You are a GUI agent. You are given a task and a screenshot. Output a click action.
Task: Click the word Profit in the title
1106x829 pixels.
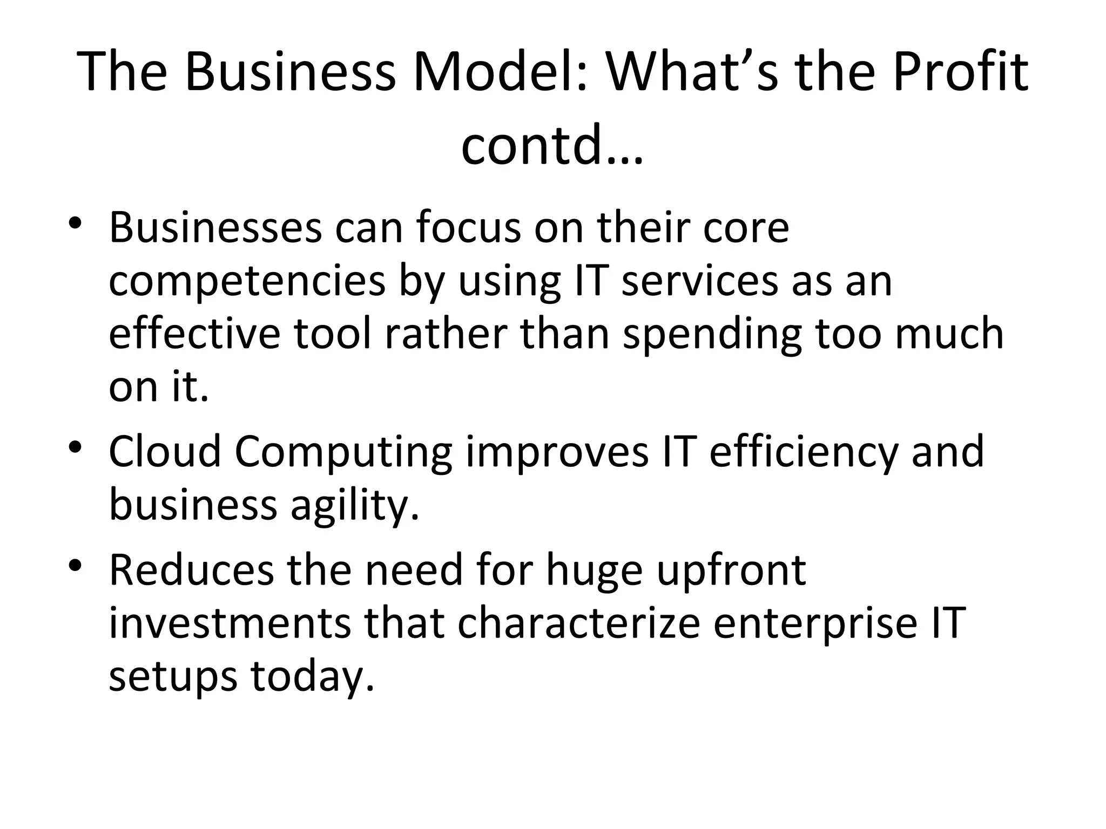pos(961,72)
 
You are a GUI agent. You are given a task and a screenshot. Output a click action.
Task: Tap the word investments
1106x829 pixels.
pos(230,623)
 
